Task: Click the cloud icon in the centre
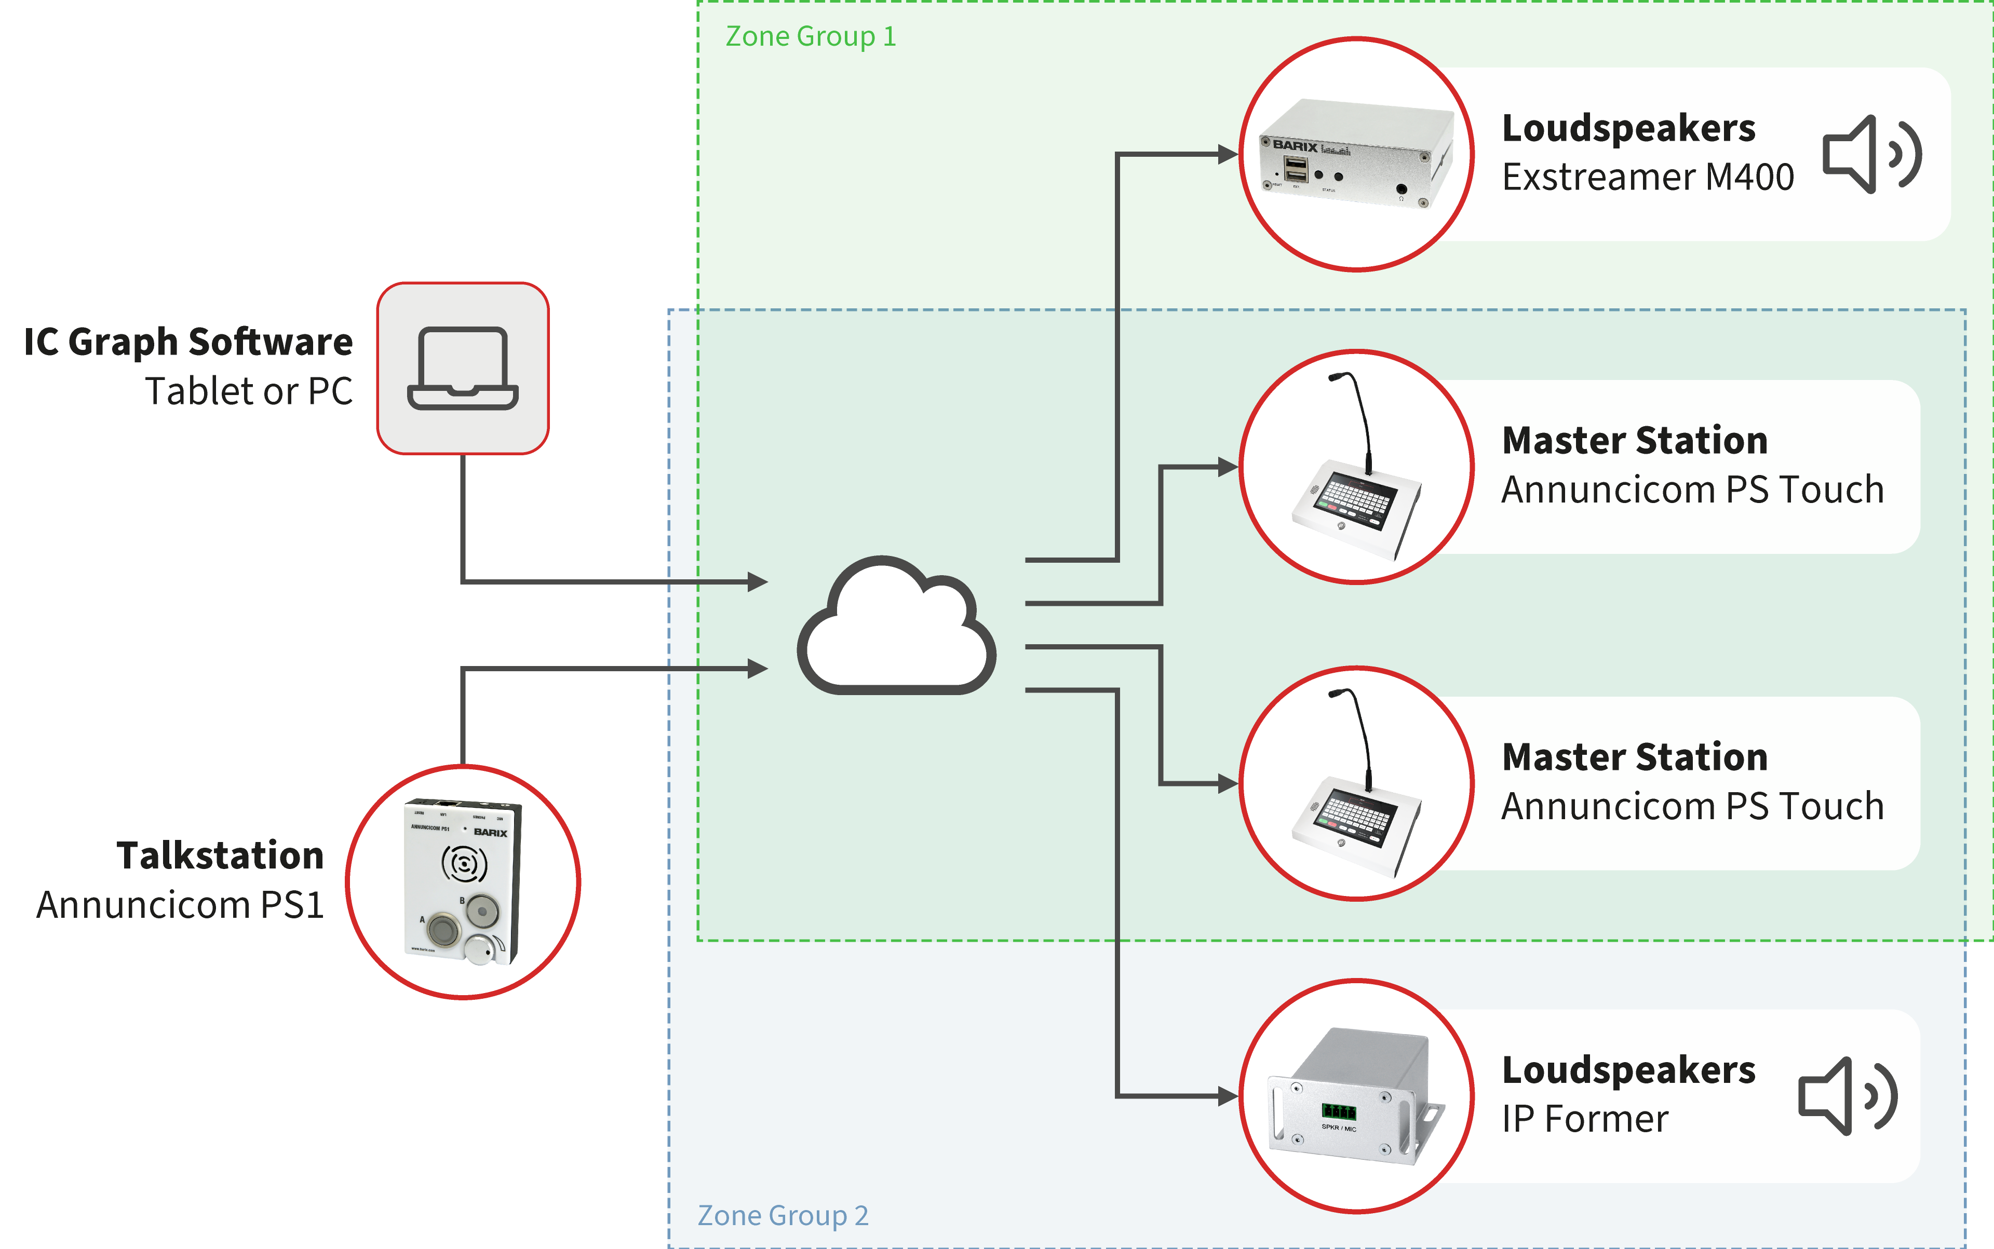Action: tap(897, 628)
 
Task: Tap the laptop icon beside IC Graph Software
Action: tap(463, 369)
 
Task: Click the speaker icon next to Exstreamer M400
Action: tap(1871, 155)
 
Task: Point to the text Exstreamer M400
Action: tap(1648, 178)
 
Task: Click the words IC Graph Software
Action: tap(188, 342)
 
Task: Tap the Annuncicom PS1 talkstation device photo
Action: tap(463, 881)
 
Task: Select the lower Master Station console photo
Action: tap(1355, 783)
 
